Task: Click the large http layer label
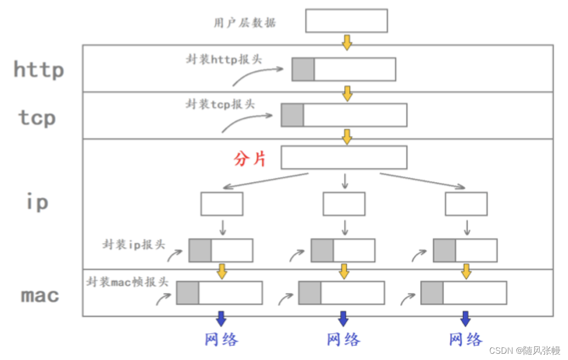[x=39, y=69]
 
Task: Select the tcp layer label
[x=37, y=117]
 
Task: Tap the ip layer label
[x=37, y=202]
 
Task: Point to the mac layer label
[x=40, y=295]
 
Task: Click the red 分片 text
[x=250, y=159]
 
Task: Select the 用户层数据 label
[x=245, y=23]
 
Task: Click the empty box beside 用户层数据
[x=346, y=21]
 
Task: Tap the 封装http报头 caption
[x=224, y=59]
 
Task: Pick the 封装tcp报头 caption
[x=221, y=104]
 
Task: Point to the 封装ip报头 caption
[x=134, y=244]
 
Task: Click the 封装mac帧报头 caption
[x=127, y=282]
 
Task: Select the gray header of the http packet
[x=303, y=69]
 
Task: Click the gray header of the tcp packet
[x=292, y=115]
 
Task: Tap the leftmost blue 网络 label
[x=222, y=340]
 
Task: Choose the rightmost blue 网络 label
[x=466, y=340]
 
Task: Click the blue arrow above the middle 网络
[x=343, y=318]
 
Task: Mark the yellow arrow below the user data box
[x=347, y=42]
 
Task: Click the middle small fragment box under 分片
[x=344, y=204]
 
